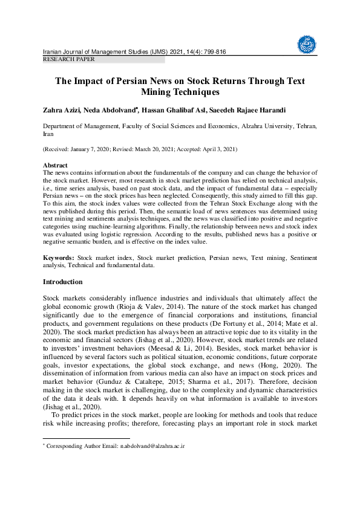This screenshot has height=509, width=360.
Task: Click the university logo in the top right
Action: click(306, 43)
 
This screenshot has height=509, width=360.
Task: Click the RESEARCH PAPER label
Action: click(68, 59)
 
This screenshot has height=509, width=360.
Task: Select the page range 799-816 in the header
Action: click(212, 52)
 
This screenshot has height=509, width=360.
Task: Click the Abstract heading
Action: click(55, 165)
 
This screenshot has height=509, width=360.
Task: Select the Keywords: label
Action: click(59, 258)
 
